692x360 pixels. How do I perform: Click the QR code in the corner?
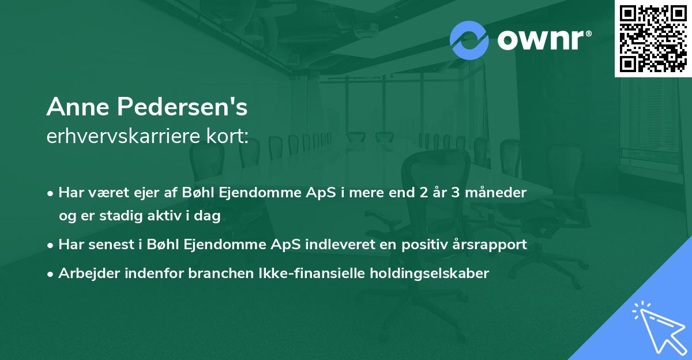[x=653, y=38]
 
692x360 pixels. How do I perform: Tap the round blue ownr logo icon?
[x=469, y=40]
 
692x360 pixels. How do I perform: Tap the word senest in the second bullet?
[x=108, y=245]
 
